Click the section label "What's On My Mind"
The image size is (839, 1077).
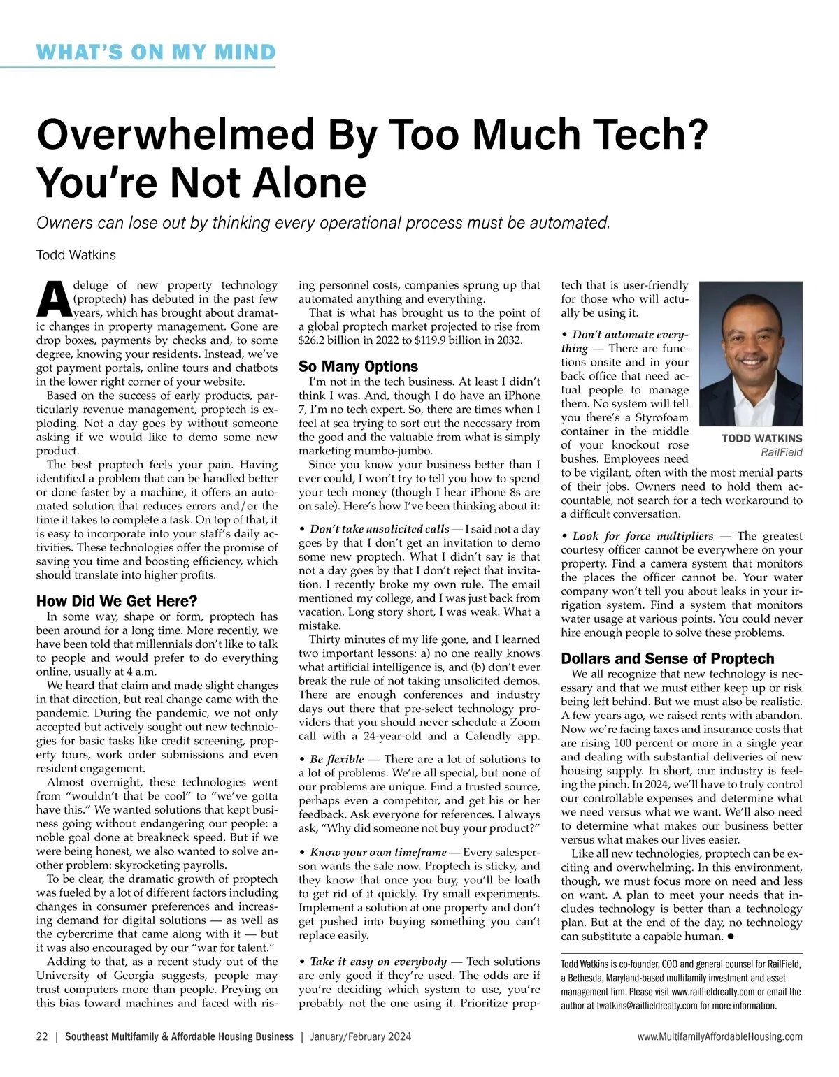point(156,52)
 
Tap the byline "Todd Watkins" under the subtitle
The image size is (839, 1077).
point(76,255)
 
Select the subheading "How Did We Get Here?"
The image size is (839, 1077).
point(117,601)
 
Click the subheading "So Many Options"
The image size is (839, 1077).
point(358,366)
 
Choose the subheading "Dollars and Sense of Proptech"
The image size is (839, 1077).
point(668,658)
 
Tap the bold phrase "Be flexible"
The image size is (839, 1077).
point(337,759)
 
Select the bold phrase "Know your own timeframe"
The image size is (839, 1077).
point(378,852)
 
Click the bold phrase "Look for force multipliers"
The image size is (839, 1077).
point(643,536)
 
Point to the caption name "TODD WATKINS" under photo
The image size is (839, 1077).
point(761,439)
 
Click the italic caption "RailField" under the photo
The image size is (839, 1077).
point(781,453)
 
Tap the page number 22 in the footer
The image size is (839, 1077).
point(42,1036)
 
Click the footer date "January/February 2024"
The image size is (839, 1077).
point(361,1036)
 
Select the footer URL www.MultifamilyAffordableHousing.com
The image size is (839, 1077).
point(719,1036)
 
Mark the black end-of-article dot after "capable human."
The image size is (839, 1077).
point(730,937)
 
